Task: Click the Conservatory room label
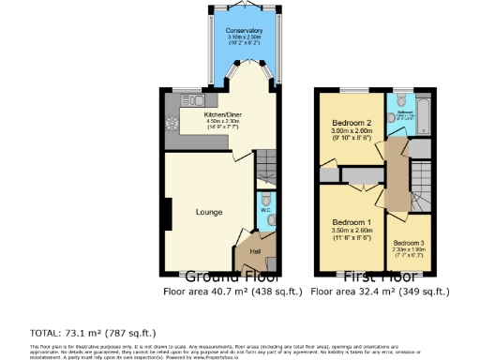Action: click(x=244, y=31)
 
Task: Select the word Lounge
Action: click(x=209, y=212)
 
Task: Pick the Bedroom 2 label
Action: click(x=350, y=123)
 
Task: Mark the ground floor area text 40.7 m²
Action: click(x=232, y=292)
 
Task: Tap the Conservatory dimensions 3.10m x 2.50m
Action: click(x=244, y=38)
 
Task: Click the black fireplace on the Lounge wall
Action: click(x=166, y=214)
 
